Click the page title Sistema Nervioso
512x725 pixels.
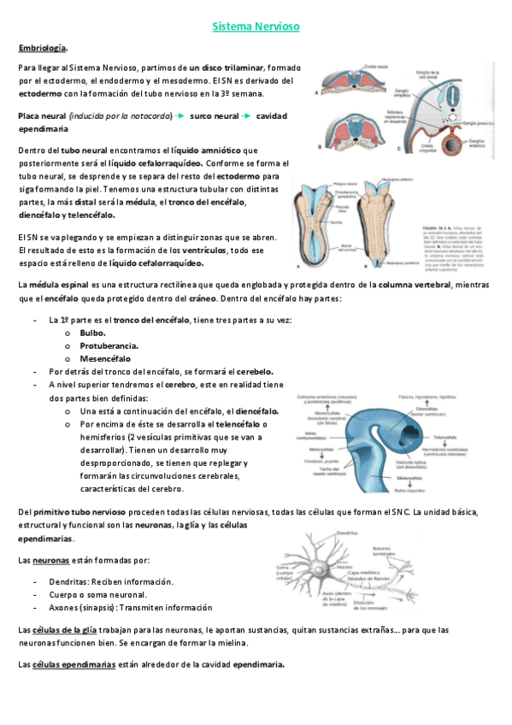pos(256,27)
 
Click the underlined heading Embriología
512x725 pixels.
pos(44,48)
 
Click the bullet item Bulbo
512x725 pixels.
pos(93,332)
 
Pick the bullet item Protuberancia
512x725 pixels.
pos(109,345)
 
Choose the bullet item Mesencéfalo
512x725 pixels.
pos(106,358)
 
